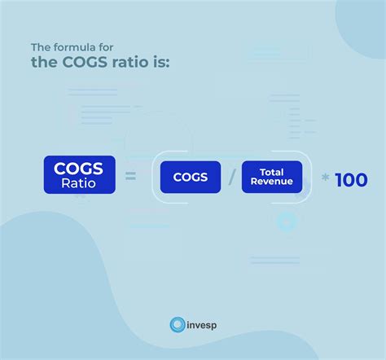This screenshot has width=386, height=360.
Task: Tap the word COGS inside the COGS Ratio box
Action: tap(79, 169)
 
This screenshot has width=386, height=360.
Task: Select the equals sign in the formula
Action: tap(130, 177)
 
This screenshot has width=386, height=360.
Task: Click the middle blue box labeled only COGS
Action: tap(190, 177)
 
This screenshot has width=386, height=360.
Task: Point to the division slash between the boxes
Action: tap(231, 177)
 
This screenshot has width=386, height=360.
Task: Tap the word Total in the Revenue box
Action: tap(272, 171)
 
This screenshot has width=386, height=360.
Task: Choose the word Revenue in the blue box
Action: tap(272, 182)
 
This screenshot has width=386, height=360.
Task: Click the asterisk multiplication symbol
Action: tap(325, 178)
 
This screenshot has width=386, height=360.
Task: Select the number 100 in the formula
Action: tap(351, 179)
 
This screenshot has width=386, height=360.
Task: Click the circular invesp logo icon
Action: tap(178, 325)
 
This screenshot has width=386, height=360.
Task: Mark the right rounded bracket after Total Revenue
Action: tap(310, 177)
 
